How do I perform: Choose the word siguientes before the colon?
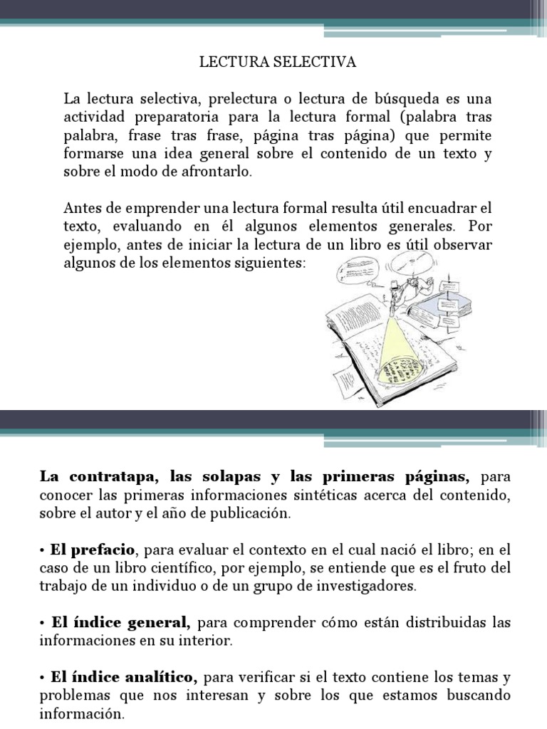click(273, 264)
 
